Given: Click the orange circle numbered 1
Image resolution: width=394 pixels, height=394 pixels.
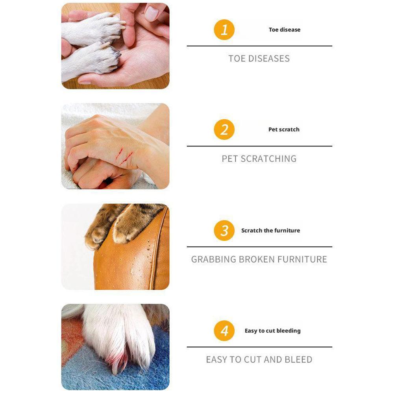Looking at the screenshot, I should tap(224, 30).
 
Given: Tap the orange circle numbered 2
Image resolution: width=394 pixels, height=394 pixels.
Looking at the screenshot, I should tap(224, 130).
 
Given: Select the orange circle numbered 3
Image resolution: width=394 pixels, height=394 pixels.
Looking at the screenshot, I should tap(224, 231).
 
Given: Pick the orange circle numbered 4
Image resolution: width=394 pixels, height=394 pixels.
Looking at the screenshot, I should tap(224, 331).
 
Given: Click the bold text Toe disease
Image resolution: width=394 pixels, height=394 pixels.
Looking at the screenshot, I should tap(284, 30).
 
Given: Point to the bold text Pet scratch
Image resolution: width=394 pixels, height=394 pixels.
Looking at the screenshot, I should tap(284, 129).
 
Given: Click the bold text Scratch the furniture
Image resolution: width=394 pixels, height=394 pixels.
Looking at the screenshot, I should tap(270, 231).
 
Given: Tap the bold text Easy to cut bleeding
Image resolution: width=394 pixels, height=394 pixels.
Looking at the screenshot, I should tap(272, 331).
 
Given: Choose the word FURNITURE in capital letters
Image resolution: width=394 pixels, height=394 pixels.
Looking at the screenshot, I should tap(302, 259).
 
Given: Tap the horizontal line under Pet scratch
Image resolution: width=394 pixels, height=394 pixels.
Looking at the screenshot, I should tap(259, 146).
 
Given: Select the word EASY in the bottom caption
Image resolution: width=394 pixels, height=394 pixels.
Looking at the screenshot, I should tap(216, 360).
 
